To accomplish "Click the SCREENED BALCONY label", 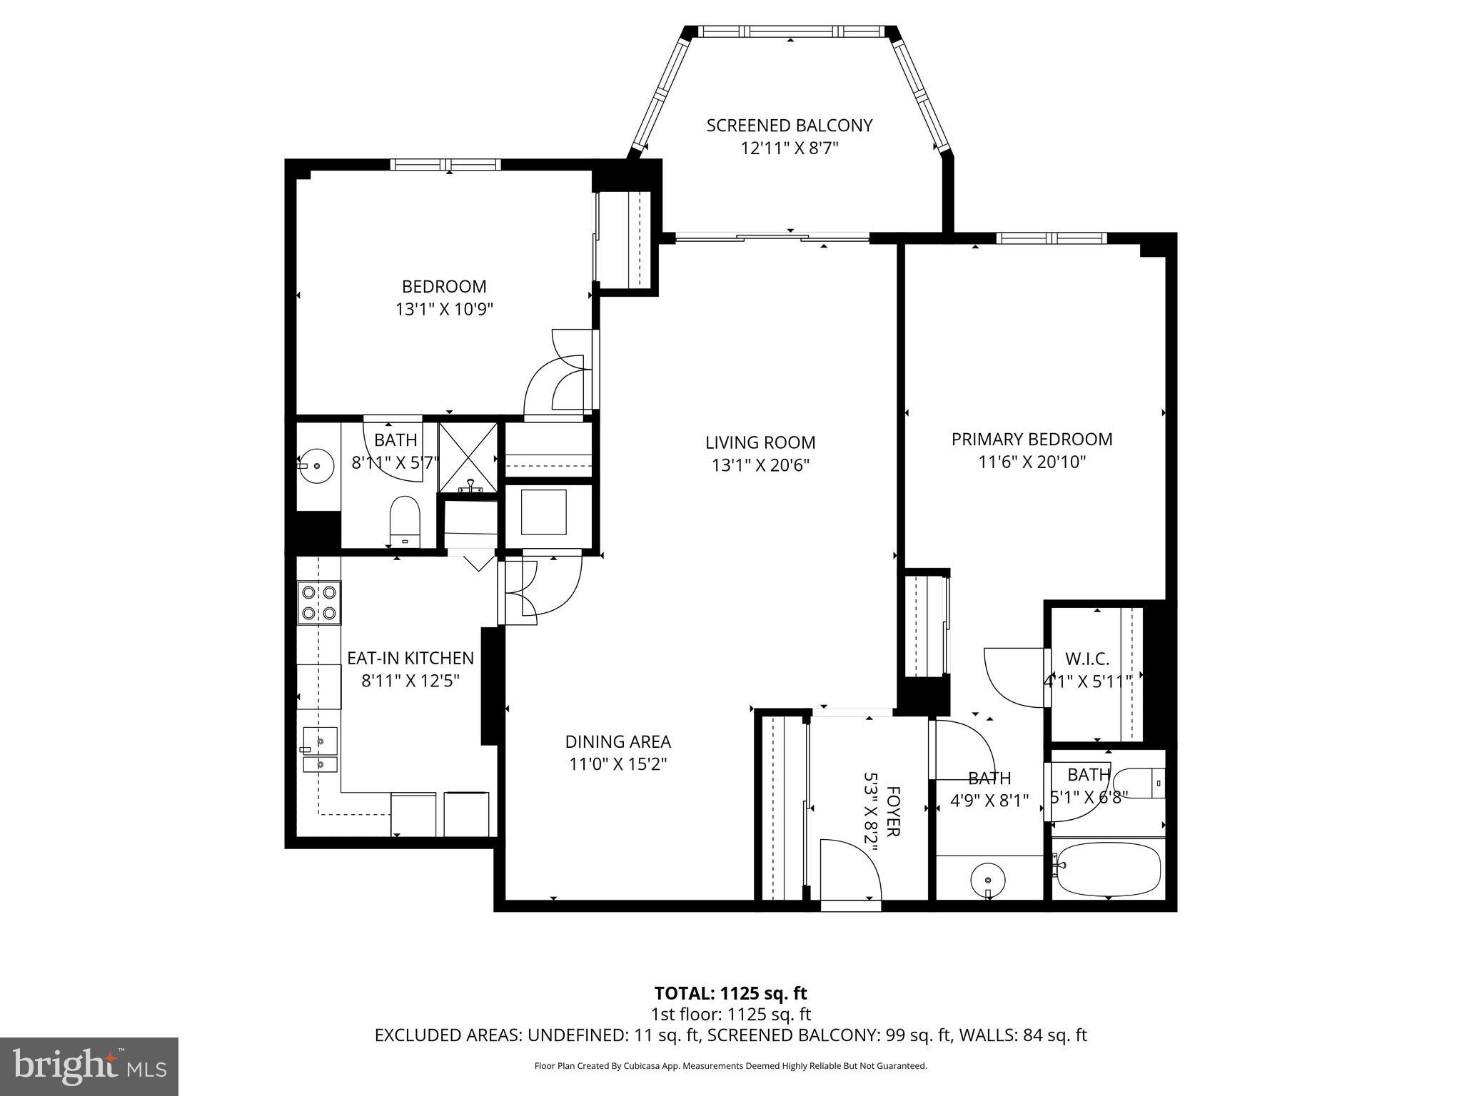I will click(789, 126).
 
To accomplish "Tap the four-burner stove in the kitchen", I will click(319, 602).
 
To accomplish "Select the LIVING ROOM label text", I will click(760, 442).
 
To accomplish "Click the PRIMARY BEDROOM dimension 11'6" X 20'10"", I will click(1032, 462).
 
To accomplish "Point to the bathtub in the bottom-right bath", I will click(1108, 868).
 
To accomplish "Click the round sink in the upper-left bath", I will click(316, 466).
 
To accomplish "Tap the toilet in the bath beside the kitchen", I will click(405, 520).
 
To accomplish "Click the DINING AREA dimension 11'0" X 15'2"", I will click(617, 764).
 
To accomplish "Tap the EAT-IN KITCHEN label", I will click(410, 658).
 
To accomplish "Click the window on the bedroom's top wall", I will click(445, 165).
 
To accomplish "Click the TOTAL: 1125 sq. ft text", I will click(730, 993).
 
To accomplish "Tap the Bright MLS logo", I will click(89, 1066).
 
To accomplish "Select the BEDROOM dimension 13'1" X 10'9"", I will click(444, 310).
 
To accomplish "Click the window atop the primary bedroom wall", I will click(1051, 238).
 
